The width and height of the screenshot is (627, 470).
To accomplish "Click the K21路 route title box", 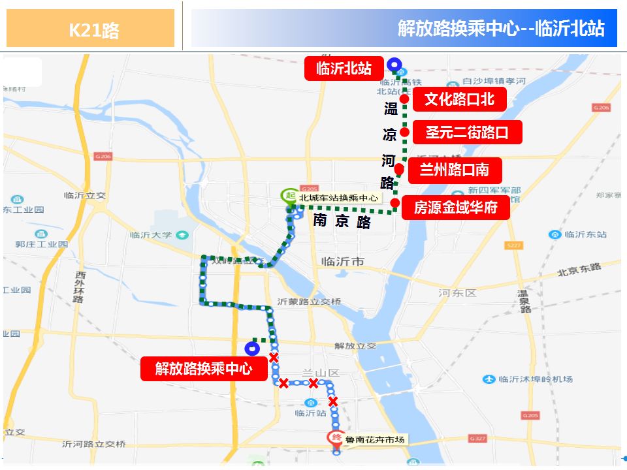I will [x=91, y=29].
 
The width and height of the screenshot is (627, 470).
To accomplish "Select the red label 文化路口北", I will [x=458, y=99].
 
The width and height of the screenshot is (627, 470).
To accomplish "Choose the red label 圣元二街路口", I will [x=467, y=133].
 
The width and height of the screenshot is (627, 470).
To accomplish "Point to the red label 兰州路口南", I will [x=455, y=170].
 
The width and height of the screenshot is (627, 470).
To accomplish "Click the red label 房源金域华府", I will [x=455, y=208].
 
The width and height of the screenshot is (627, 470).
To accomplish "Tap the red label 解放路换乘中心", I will [x=204, y=369].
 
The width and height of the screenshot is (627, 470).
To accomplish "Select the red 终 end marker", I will [x=336, y=438].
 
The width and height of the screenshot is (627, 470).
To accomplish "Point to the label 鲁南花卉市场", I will [x=376, y=439].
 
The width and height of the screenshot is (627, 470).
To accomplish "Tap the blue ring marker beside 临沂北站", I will [x=394, y=64].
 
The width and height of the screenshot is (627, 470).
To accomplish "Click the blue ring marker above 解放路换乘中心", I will [x=251, y=348].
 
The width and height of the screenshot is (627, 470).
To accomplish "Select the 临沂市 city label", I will [x=342, y=262].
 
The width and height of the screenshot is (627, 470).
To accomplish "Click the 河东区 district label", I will [x=457, y=293].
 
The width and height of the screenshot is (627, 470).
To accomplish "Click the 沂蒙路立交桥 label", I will [x=309, y=302].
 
